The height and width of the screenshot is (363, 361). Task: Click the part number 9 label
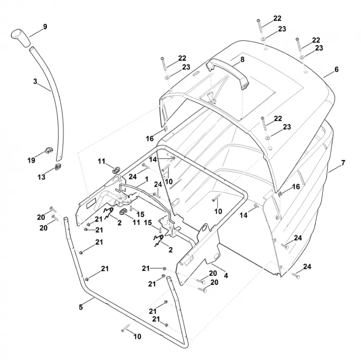(45, 27)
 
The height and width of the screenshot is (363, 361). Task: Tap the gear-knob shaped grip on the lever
(20, 38)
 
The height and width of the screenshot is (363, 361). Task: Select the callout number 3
(35, 81)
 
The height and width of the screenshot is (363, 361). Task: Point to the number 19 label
(31, 160)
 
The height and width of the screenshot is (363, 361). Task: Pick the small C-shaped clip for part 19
(49, 150)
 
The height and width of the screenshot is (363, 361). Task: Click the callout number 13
(42, 177)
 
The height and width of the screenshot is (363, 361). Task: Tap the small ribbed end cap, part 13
(58, 166)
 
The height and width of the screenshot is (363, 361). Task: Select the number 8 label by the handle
(242, 60)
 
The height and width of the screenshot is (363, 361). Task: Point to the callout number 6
(337, 69)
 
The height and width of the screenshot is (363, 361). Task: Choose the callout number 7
(343, 163)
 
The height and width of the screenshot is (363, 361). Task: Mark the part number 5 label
(81, 307)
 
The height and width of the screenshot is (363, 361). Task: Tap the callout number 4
(226, 276)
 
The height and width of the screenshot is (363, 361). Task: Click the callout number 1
(147, 179)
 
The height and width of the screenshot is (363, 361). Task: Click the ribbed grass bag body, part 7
(301, 208)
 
